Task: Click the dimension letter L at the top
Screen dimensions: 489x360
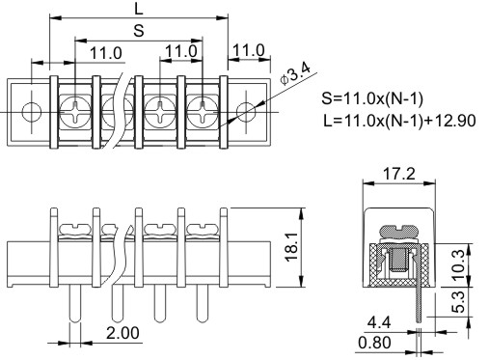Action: click(x=139, y=9)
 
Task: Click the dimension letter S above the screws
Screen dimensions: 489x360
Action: click(x=139, y=31)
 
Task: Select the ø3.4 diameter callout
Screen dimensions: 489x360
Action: click(x=295, y=73)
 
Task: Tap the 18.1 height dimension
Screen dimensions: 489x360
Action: click(x=292, y=248)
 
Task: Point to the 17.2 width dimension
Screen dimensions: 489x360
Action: click(x=399, y=174)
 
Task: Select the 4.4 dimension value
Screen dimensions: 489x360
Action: click(x=379, y=322)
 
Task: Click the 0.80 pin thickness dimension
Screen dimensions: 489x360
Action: click(x=374, y=343)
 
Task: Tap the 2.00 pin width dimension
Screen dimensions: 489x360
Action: click(x=122, y=333)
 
